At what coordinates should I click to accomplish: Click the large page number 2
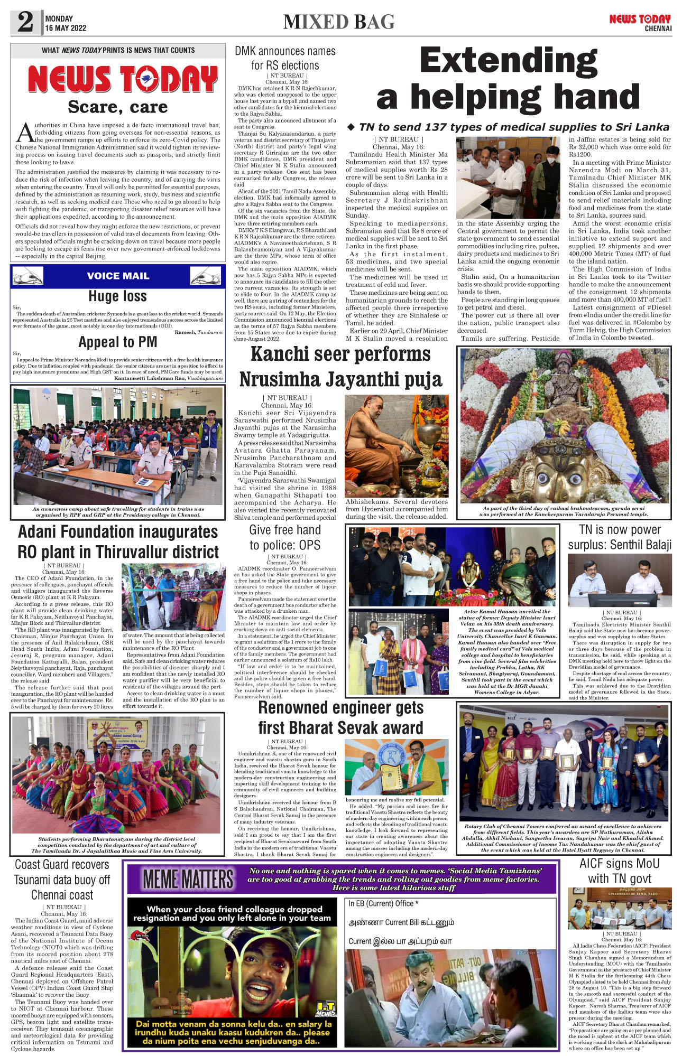click(25, 22)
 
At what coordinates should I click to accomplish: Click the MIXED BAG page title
click(339, 22)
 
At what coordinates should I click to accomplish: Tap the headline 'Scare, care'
click(117, 107)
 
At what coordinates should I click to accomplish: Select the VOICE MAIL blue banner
click(118, 276)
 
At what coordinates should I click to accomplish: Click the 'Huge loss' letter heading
click(117, 296)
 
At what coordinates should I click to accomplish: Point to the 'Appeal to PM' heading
click(117, 342)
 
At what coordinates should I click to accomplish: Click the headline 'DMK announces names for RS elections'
click(285, 58)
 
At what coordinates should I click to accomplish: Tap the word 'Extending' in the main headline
click(508, 61)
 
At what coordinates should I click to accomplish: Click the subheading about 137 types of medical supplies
click(508, 127)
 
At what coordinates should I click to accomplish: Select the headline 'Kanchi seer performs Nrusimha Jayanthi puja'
click(340, 367)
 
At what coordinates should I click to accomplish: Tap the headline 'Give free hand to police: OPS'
click(285, 537)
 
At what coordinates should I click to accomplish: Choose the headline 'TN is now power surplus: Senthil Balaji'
click(620, 537)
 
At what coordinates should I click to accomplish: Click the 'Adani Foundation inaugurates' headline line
click(118, 531)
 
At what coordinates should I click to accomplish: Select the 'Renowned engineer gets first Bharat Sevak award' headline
click(340, 717)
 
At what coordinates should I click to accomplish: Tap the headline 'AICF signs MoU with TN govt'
click(620, 871)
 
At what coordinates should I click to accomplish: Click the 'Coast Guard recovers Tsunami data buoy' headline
click(62, 880)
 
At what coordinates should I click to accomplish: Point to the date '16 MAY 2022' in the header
click(66, 28)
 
